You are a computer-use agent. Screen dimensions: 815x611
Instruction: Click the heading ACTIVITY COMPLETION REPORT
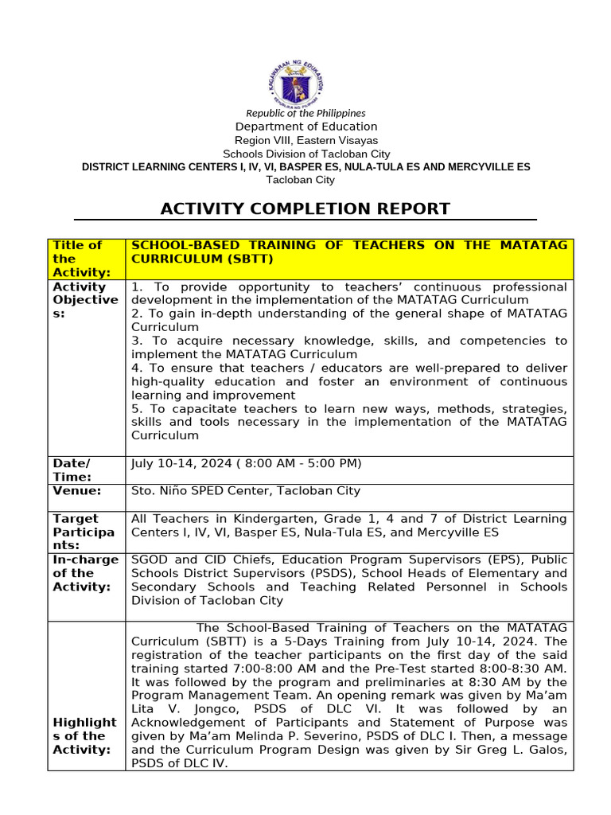coord(305,209)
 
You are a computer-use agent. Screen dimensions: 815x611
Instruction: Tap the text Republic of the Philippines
coord(305,114)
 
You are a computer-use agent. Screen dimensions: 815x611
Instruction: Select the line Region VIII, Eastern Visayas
coord(306,140)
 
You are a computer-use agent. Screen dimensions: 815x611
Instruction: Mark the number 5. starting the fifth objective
coord(137,409)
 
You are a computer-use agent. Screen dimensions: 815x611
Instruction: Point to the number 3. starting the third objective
coord(137,341)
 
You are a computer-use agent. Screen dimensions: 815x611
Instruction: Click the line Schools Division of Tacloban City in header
coord(306,154)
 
